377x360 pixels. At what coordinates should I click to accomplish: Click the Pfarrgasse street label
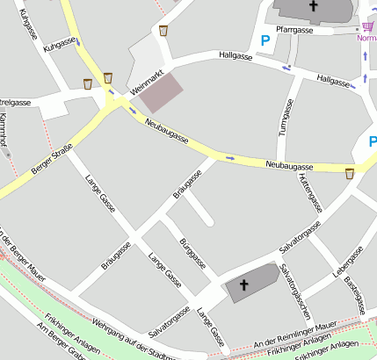(294, 30)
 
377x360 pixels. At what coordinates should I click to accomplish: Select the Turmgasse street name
(285, 116)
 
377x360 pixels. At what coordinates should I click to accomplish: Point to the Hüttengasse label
(310, 193)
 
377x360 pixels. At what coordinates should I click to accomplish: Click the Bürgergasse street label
(192, 253)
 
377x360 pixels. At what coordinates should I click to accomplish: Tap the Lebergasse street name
(347, 264)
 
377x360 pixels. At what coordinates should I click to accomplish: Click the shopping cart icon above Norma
(366, 26)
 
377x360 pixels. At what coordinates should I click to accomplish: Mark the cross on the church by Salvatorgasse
(244, 284)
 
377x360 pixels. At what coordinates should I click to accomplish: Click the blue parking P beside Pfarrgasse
(265, 40)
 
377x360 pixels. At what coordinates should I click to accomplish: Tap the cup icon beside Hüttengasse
(350, 173)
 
